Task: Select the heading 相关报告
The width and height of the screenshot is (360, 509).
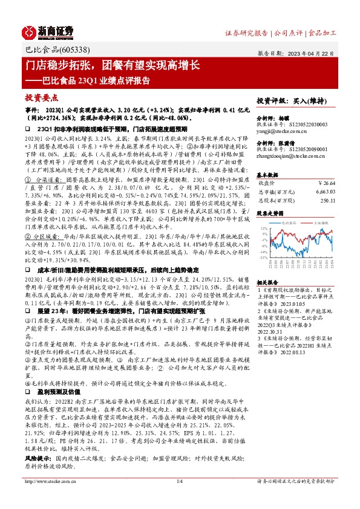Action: coord(267,282)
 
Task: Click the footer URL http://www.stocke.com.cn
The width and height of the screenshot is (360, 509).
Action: coord(46,498)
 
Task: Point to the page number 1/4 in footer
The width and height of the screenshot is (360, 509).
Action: coord(180,498)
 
